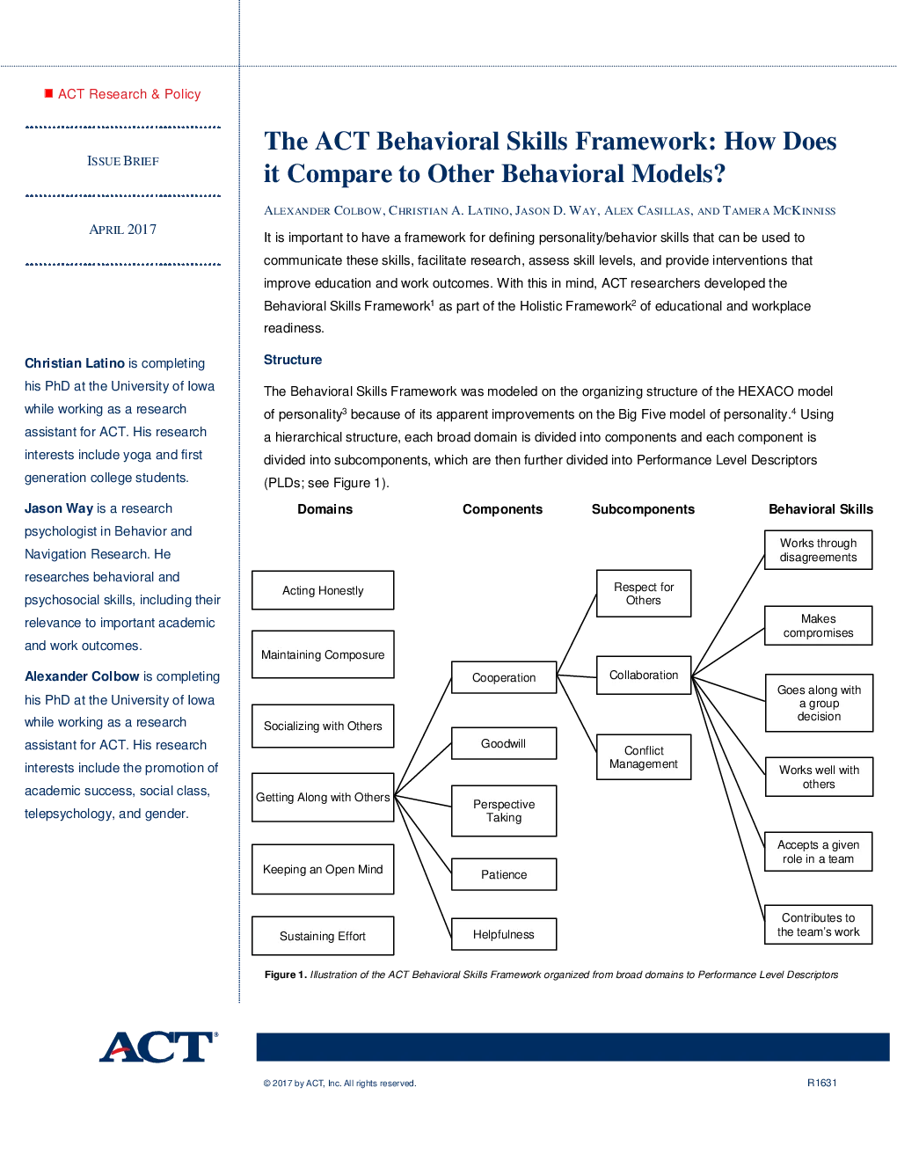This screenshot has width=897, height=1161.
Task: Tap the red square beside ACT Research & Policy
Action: pos(48,93)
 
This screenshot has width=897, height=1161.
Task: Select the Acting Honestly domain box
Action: pos(323,590)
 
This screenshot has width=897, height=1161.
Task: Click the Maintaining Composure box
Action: pos(323,654)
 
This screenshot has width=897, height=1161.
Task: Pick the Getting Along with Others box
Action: pos(323,797)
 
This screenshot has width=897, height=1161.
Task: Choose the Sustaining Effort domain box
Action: pos(323,936)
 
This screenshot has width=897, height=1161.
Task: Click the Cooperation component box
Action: pos(504,677)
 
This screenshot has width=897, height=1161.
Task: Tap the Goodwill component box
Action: pos(504,742)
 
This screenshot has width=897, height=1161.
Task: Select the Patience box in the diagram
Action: pos(504,874)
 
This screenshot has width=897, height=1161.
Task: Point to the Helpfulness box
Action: pos(504,934)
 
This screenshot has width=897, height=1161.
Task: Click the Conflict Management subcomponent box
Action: pos(643,756)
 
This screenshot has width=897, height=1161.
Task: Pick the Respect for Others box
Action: pos(643,593)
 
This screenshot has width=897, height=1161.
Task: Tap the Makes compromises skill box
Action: pos(818,625)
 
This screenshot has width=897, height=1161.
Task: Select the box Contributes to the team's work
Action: pos(818,924)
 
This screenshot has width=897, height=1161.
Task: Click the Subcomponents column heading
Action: pos(643,509)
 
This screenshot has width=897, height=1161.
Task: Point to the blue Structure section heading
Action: pos(293,360)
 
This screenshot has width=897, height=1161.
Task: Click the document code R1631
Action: pos(821,1083)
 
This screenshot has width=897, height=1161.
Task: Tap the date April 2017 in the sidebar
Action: pos(123,230)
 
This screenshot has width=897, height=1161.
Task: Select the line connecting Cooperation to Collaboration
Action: pos(576,675)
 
